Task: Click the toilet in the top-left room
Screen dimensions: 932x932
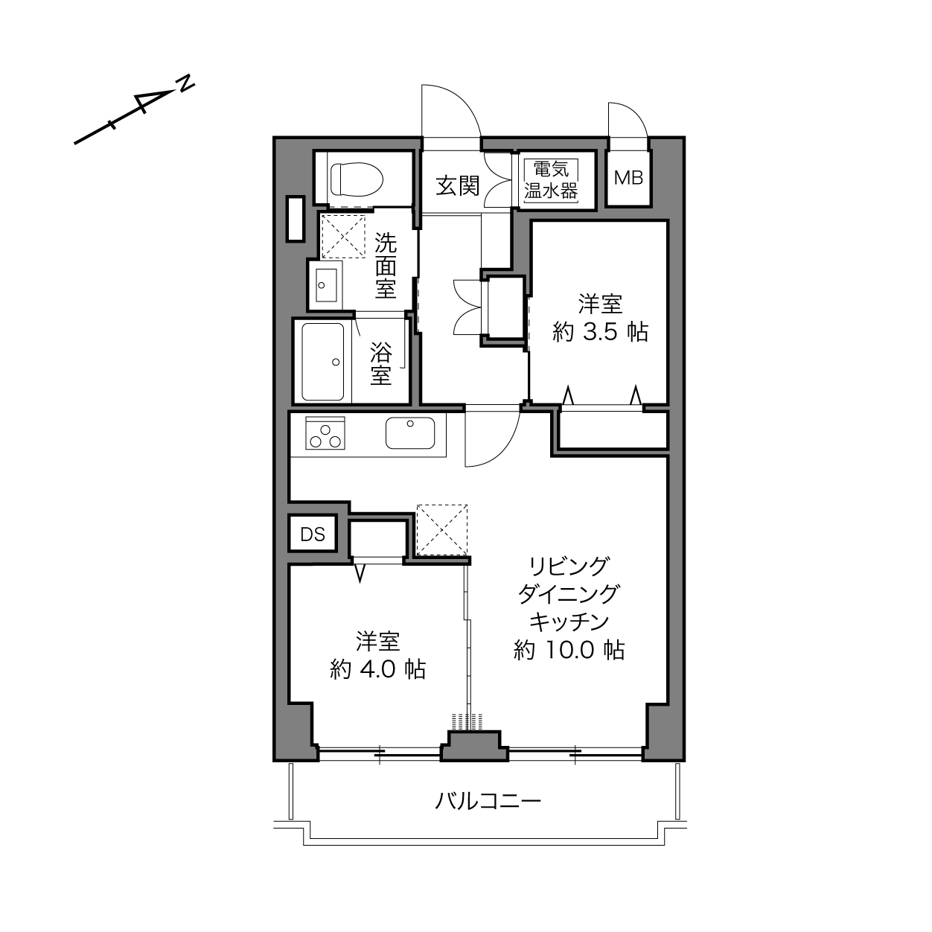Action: tap(357, 179)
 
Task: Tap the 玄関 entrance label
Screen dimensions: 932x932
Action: tap(457, 185)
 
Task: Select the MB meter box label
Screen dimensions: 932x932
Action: tap(628, 178)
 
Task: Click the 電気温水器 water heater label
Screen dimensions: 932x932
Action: tap(551, 180)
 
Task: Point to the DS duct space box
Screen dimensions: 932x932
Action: tap(313, 534)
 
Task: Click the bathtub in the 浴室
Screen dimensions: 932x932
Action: tap(322, 362)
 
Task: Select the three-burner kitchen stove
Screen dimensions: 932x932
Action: tap(325, 433)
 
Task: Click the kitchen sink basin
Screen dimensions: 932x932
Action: tap(410, 433)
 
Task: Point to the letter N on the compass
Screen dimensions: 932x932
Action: tap(185, 83)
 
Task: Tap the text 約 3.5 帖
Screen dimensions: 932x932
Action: tap(600, 332)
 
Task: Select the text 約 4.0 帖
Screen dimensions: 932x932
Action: tap(377, 669)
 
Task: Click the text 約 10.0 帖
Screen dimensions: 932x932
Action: tap(569, 650)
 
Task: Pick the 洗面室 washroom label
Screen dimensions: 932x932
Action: tap(386, 266)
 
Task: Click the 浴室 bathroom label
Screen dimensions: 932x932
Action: tap(381, 364)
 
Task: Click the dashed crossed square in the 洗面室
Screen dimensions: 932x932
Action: tap(343, 237)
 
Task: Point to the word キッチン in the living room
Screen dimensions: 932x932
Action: tap(569, 622)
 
